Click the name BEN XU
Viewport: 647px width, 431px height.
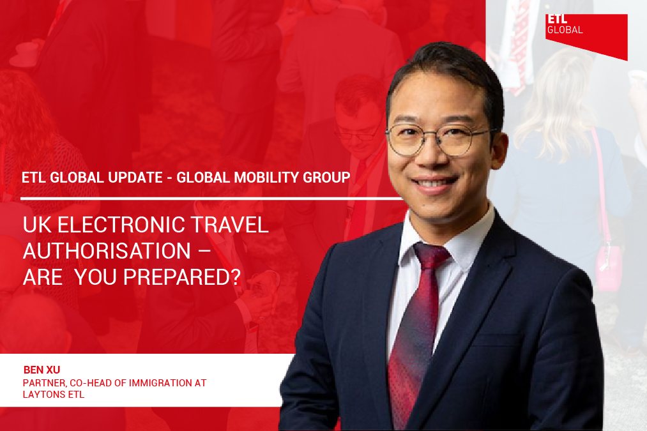pyautogui.click(x=42, y=370)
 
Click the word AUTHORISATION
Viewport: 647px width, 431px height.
pyautogui.click(x=107, y=251)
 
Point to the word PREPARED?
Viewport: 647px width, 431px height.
pyautogui.click(x=182, y=277)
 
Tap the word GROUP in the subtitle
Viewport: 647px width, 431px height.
pyautogui.click(x=327, y=178)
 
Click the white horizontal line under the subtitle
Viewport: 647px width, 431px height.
pyautogui.click(x=211, y=199)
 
